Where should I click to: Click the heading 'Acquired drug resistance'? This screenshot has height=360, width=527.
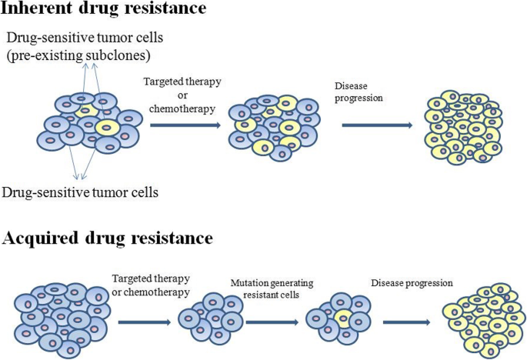pyautogui.click(x=108, y=238)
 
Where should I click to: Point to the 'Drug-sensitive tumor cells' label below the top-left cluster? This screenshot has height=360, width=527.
pyautogui.click(x=81, y=192)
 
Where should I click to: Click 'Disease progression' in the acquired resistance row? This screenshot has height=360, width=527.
pyautogui.click(x=411, y=282)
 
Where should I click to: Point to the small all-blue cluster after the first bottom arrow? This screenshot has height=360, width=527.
pyautogui.click(x=209, y=318)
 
